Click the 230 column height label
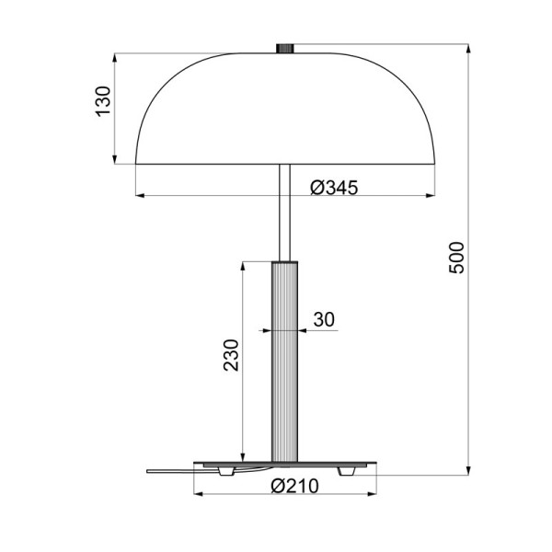pos(231,356)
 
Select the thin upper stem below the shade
pos(285,212)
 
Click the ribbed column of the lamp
pos(284,359)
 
